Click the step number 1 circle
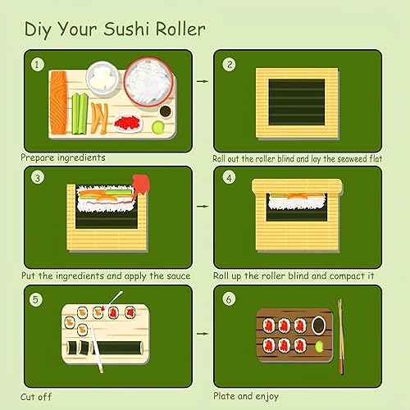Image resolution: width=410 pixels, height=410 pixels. point(37,65)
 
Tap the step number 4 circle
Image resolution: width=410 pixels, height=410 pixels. point(229,178)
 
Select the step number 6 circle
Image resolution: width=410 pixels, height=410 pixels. point(229,298)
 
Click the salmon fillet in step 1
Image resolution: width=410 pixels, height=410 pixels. point(58,102)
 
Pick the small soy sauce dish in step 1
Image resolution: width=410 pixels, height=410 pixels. point(165,112)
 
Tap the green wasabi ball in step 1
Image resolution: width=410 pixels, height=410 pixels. point(158,127)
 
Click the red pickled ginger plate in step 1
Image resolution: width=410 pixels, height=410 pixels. point(128,122)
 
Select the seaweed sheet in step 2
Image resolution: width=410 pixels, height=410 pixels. point(297,102)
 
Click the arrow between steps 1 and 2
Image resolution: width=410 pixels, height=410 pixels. point(203,81)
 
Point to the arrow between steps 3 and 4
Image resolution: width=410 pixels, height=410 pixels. point(203,206)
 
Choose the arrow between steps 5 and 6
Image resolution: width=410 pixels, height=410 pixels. point(203,334)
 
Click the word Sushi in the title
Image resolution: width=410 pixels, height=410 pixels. point(126,29)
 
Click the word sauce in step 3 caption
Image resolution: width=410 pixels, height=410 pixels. point(178,276)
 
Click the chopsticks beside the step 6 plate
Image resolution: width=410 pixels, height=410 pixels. point(340,337)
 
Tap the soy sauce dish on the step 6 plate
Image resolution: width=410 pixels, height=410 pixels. point(318,326)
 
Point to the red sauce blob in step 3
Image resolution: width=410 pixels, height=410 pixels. point(141,184)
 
